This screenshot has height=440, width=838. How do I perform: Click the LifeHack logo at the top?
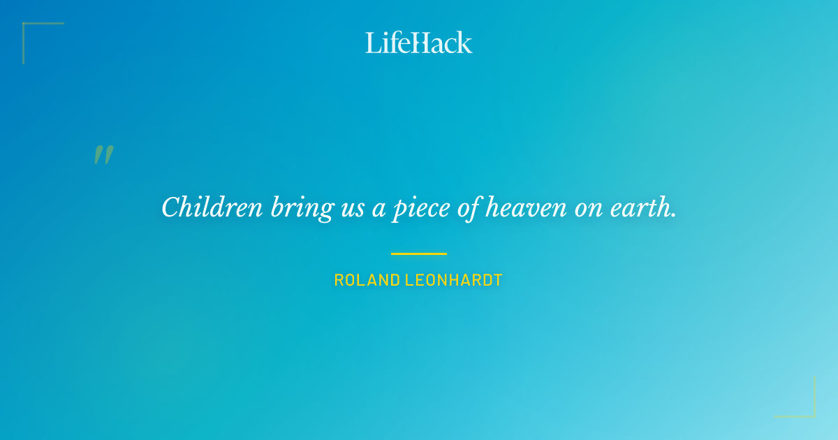coord(419,43)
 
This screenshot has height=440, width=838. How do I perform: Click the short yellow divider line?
coord(419,254)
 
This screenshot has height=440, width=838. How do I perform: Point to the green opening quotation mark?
coord(103,155)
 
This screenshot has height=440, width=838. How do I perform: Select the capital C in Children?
coord(171,207)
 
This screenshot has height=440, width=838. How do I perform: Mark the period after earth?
coord(673,215)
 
